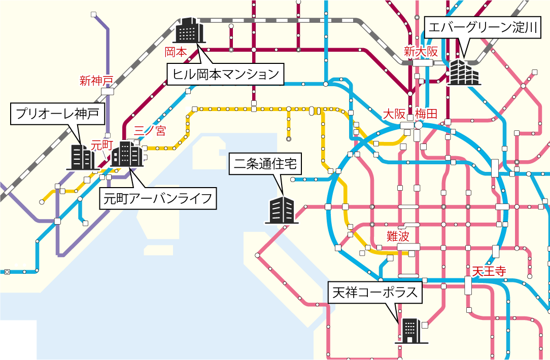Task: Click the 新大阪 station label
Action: [x=420, y=51]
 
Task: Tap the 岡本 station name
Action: [x=176, y=52]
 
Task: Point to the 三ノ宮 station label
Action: [x=149, y=131]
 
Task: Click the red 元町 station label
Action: [x=101, y=145]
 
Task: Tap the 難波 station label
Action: [x=397, y=236]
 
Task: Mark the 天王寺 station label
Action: [x=489, y=271]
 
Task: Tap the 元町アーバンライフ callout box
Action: [x=157, y=198]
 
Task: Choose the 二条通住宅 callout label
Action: [x=267, y=164]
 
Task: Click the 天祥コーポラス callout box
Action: [x=375, y=293]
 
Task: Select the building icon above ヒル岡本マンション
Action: [x=189, y=30]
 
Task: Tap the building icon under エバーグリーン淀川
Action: [x=463, y=72]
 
